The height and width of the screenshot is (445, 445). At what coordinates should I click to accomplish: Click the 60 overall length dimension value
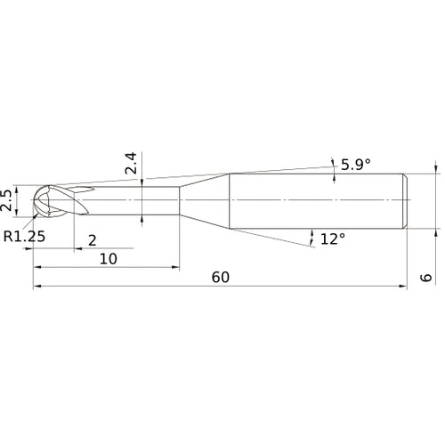point(221,277)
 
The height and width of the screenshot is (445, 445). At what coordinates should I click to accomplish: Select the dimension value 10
point(108,258)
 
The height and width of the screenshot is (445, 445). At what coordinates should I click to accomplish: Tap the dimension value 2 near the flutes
point(93,240)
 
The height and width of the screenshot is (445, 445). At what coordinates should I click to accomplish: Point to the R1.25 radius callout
point(23,237)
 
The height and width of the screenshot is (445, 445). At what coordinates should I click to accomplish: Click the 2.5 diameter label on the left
point(8,199)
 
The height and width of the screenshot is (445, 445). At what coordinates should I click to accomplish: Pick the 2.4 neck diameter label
point(132,164)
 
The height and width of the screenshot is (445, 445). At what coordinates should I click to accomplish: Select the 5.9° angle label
point(354,165)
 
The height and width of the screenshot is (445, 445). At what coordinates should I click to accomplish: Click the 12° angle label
point(332,239)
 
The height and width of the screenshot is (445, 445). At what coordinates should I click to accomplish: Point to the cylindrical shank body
point(316,200)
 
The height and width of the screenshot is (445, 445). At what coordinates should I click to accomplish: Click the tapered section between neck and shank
point(205,200)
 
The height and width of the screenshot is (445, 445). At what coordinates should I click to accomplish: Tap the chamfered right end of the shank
point(407,200)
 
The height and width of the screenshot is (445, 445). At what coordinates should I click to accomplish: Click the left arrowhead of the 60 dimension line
point(37,287)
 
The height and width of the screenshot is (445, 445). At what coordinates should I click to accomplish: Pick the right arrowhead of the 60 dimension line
point(404,287)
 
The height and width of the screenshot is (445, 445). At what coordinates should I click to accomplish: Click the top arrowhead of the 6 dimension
point(436,167)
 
